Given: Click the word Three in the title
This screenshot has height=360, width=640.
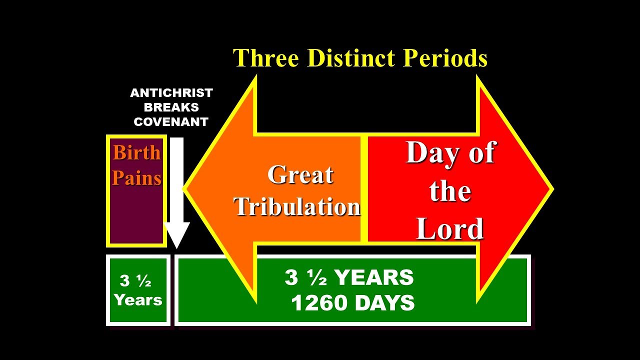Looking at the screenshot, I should coord(266,58).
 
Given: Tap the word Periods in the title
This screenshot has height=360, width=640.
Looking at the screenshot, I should coord(445,58).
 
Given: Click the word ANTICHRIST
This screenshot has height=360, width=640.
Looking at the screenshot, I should coord(171,93).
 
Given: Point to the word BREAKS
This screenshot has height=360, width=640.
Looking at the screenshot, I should coord(171,107).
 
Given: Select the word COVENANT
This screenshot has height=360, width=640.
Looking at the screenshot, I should coord(171,122).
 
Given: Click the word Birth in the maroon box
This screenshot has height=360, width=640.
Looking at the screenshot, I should coord(136,152).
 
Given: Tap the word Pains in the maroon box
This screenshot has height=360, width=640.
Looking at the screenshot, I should coord(136,178).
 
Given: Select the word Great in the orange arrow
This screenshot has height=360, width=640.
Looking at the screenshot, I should coord(300,175).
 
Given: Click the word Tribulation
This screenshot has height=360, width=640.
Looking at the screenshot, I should coord(297,206).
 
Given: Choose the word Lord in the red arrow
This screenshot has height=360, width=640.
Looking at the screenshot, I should coord(449,229).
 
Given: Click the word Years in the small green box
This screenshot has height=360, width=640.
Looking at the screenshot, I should coord(138,300).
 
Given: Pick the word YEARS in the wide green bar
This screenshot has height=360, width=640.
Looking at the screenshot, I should coord(375,277).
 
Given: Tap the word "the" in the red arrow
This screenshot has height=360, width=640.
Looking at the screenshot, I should coord(449,191).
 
